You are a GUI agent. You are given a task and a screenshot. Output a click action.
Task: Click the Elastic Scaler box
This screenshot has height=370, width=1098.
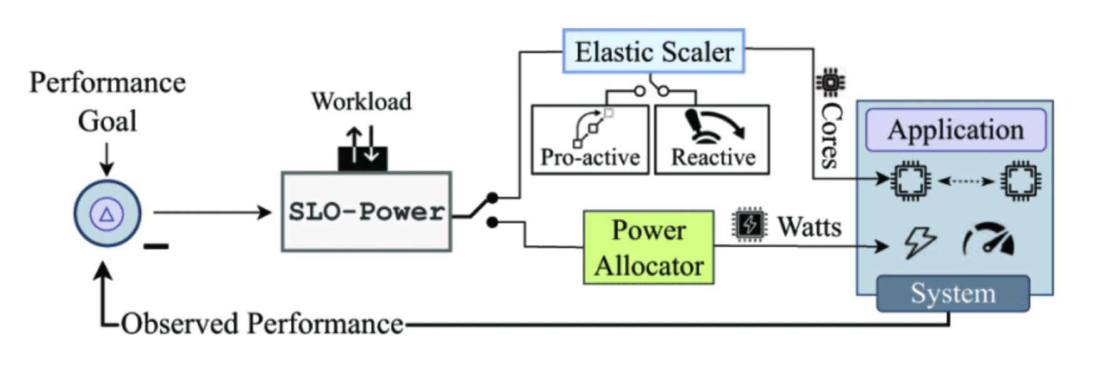point(653,51)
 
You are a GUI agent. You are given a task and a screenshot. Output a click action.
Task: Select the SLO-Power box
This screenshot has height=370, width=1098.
point(366,212)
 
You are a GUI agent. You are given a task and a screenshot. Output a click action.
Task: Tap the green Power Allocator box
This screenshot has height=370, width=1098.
point(648,247)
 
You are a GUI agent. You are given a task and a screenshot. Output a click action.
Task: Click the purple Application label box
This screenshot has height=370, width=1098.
point(955,130)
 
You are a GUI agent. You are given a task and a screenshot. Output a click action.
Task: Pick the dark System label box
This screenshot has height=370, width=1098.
point(952,293)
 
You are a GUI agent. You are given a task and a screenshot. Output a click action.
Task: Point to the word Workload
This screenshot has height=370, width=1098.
point(361,101)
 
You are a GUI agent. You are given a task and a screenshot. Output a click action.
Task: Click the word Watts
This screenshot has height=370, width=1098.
point(809,226)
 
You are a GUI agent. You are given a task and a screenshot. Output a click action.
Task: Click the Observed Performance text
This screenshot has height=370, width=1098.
point(262,324)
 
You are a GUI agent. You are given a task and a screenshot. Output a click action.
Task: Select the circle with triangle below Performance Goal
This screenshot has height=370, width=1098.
point(107,214)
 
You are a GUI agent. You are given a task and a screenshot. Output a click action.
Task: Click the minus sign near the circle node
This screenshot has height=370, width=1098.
point(156,246)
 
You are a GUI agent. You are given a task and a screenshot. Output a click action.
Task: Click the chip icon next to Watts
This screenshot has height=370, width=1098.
point(749,224)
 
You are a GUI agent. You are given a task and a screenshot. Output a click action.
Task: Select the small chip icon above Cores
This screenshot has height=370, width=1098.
point(830,82)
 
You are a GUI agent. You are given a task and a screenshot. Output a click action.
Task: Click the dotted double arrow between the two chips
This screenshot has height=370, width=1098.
point(965,181)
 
